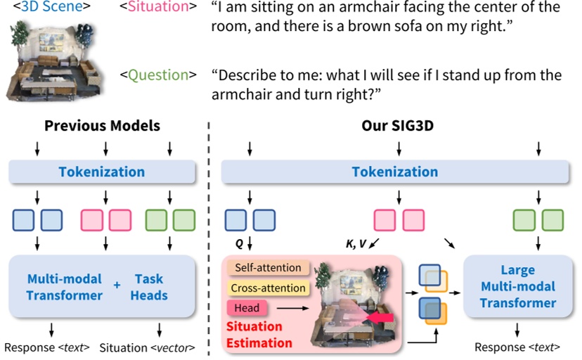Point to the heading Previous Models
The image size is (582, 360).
(102, 127)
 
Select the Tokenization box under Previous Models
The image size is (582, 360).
(102, 172)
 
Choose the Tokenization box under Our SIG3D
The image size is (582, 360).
(394, 172)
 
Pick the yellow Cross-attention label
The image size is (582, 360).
(268, 288)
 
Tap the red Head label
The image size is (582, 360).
(247, 307)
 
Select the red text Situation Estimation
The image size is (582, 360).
(259, 335)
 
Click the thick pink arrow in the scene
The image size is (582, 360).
(380, 320)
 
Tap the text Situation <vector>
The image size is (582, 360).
(147, 347)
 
